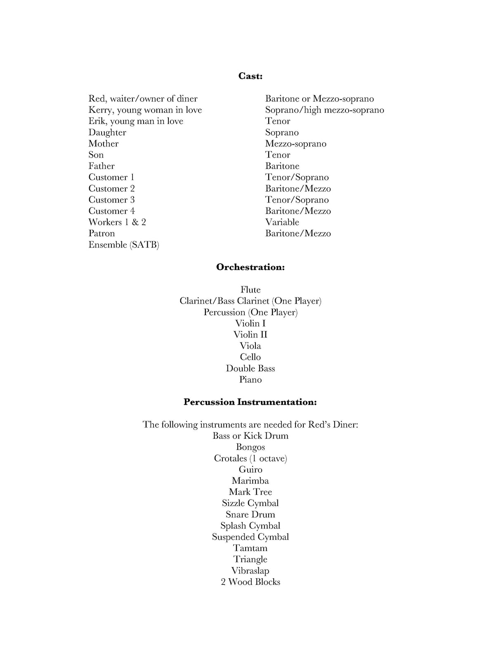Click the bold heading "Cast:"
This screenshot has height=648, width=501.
click(x=250, y=76)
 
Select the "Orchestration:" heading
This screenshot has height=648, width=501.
click(x=250, y=267)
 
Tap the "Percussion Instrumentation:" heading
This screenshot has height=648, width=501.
click(x=250, y=402)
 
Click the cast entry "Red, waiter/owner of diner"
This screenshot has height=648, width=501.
click(x=143, y=99)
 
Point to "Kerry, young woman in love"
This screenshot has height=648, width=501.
click(x=145, y=110)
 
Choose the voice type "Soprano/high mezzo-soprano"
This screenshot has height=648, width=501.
click(x=324, y=110)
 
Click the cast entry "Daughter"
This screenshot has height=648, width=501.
click(x=107, y=132)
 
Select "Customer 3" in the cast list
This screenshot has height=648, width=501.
click(x=111, y=200)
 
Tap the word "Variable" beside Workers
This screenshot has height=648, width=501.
click(x=282, y=222)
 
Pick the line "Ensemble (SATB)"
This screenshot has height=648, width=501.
click(x=124, y=245)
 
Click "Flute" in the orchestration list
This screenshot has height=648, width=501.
click(x=250, y=290)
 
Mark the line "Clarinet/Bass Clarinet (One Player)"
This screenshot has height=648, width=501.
click(x=250, y=301)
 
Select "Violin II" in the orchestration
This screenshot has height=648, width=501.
click(x=250, y=335)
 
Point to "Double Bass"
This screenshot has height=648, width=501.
click(x=250, y=368)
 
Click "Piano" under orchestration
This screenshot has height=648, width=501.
click(x=250, y=379)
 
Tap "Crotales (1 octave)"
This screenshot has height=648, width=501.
click(x=250, y=458)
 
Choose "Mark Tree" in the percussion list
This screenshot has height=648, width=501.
click(x=250, y=492)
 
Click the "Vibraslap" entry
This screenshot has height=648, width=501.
click(x=250, y=570)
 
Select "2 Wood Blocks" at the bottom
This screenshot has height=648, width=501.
click(x=250, y=582)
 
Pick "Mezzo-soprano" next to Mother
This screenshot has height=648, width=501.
click(x=295, y=144)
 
